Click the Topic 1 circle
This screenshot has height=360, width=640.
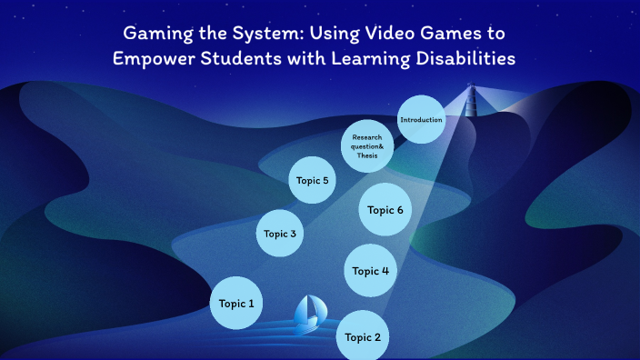click(237, 303)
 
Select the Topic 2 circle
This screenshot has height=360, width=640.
click(364, 336)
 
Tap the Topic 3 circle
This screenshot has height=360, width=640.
click(281, 234)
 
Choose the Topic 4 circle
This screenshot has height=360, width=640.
click(371, 270)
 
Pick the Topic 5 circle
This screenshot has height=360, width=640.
click(313, 180)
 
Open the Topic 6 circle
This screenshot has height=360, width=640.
click(385, 210)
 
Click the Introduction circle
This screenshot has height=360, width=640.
click(421, 120)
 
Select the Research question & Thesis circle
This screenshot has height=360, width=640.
click(367, 146)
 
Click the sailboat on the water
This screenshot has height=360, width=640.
click(307, 312)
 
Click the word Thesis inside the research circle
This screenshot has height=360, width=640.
click(367, 155)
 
